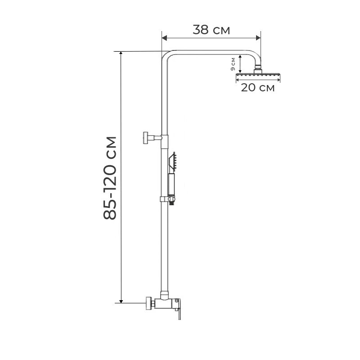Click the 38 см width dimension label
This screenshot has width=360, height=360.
[x=211, y=30]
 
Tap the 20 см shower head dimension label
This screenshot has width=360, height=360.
[x=257, y=87]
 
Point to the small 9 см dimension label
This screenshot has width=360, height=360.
[x=233, y=64]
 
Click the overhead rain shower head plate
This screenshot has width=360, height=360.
[x=258, y=76]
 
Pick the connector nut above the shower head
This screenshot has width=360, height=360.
[x=258, y=69]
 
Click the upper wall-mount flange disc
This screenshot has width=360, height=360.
[x=145, y=137]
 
